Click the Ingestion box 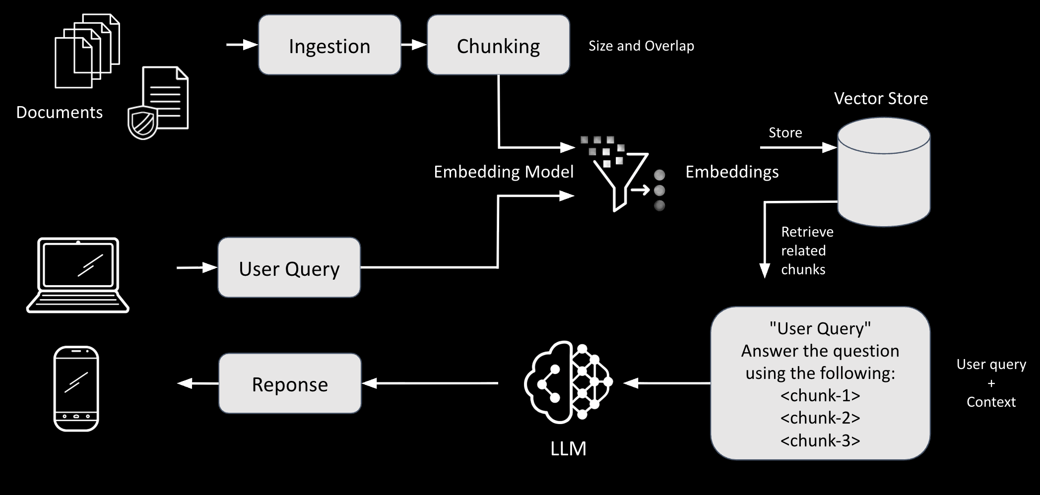pos(329,45)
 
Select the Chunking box pos(498,45)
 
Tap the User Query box pos(289,268)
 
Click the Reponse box pos(290,383)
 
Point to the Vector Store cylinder pos(884,172)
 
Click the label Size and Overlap pos(641,46)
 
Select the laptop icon pos(78,275)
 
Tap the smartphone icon pos(76,388)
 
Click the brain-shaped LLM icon pos(568,382)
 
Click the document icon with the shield pos(159,103)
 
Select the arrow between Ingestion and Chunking pos(413,45)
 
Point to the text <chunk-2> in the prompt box pos(820,418)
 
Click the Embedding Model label pos(503,172)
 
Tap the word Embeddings pos(732,172)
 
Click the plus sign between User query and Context pos(991,383)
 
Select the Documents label pos(60,112)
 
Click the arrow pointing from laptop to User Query pos(196,267)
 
